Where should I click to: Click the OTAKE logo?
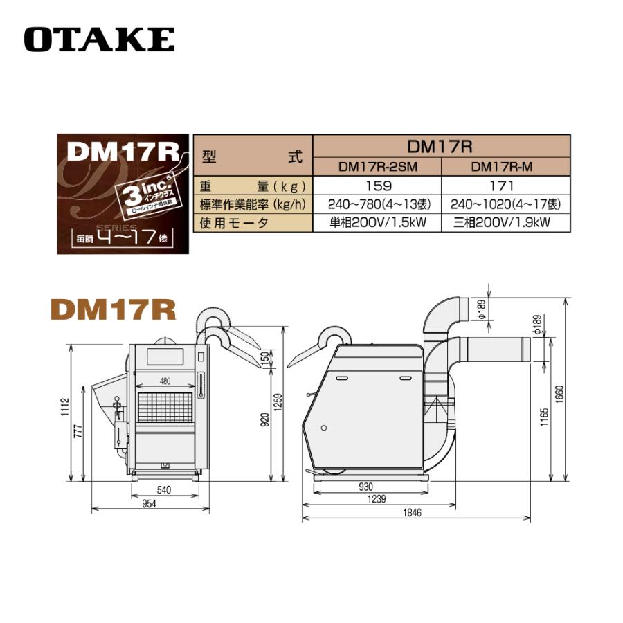coord(99,39)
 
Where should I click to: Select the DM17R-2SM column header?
coord(377,167)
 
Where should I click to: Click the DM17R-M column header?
coord(506,167)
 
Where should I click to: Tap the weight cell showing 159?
coord(377,186)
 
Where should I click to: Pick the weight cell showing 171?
coord(506,186)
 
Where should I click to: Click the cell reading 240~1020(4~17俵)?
coord(506,205)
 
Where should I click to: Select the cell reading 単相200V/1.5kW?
coord(377,223)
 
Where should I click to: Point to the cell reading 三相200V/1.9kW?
coord(506,223)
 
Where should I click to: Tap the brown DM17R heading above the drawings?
coord(114,309)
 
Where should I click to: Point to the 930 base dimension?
coord(366,487)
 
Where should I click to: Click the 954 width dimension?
coord(149,504)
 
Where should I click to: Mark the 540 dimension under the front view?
coord(165,490)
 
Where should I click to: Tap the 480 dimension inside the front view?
coord(165,381)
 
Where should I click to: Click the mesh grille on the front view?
coord(165,408)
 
